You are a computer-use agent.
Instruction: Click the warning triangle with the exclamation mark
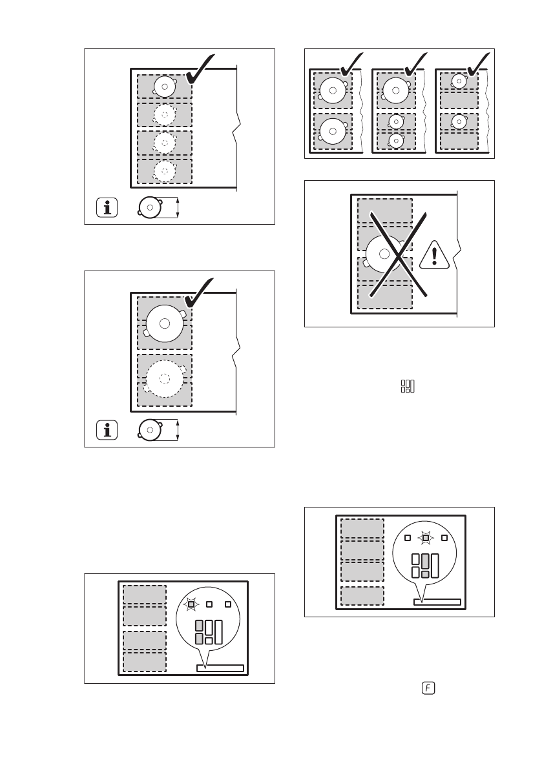[x=434, y=254]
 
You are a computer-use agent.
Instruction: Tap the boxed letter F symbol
[x=428, y=688]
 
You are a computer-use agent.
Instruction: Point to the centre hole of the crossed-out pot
[x=384, y=254]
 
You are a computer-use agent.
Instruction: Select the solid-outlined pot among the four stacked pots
[x=164, y=87]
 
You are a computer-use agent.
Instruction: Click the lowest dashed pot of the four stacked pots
[x=164, y=171]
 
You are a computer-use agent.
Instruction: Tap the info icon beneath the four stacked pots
[x=107, y=207]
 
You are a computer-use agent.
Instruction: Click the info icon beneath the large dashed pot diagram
[x=107, y=429]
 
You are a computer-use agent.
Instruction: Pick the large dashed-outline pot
[x=165, y=378]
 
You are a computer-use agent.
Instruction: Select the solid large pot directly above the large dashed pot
[x=165, y=323]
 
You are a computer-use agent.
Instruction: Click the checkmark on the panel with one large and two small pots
[x=415, y=64]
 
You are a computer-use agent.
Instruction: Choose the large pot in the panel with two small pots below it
[x=395, y=90]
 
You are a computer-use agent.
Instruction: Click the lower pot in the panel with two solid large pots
[x=333, y=132]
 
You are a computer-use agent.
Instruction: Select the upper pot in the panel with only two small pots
[x=459, y=81]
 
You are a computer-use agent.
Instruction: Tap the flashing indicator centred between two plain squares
[x=426, y=538]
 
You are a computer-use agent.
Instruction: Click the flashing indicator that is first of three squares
[x=191, y=604]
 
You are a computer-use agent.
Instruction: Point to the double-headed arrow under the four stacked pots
[x=178, y=207]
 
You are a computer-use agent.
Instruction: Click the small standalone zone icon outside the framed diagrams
[x=408, y=387]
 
